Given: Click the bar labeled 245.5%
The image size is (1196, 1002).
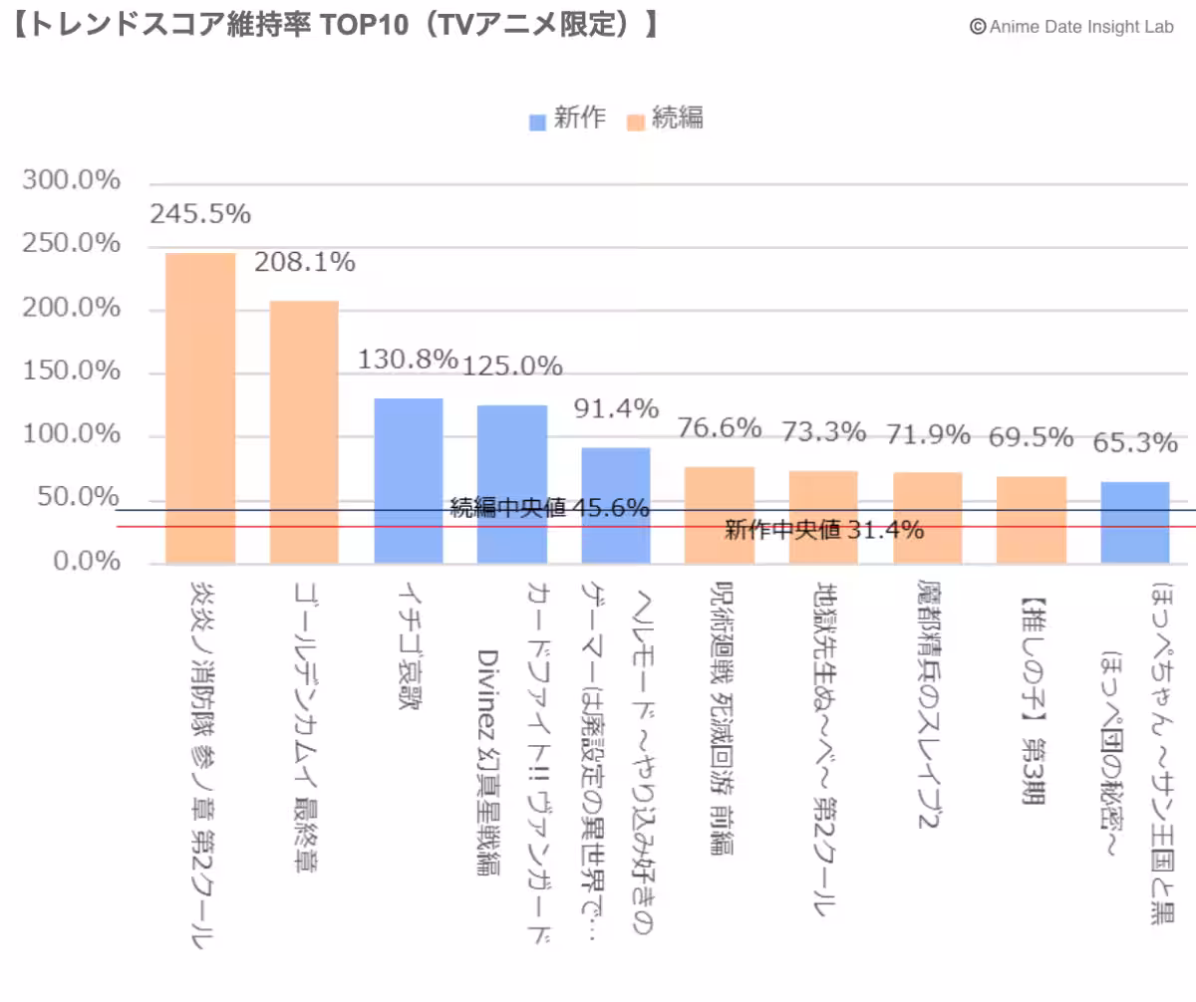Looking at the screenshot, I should click(200, 408).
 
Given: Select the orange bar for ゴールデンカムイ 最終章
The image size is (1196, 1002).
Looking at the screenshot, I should click(304, 432).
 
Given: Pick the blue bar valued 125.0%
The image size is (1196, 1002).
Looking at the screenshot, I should click(511, 485).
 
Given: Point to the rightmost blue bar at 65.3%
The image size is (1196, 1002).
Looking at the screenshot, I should click(1135, 522).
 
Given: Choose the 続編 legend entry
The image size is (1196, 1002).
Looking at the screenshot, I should click(665, 119).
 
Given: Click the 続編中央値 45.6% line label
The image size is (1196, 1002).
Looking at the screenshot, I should click(549, 507).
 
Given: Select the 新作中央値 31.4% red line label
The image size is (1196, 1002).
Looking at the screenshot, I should click(824, 530).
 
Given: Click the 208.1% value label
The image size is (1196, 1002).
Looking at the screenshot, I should click(304, 263).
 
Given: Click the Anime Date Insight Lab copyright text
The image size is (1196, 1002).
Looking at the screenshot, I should click(1072, 27).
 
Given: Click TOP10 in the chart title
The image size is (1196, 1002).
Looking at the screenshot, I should click(364, 25).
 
